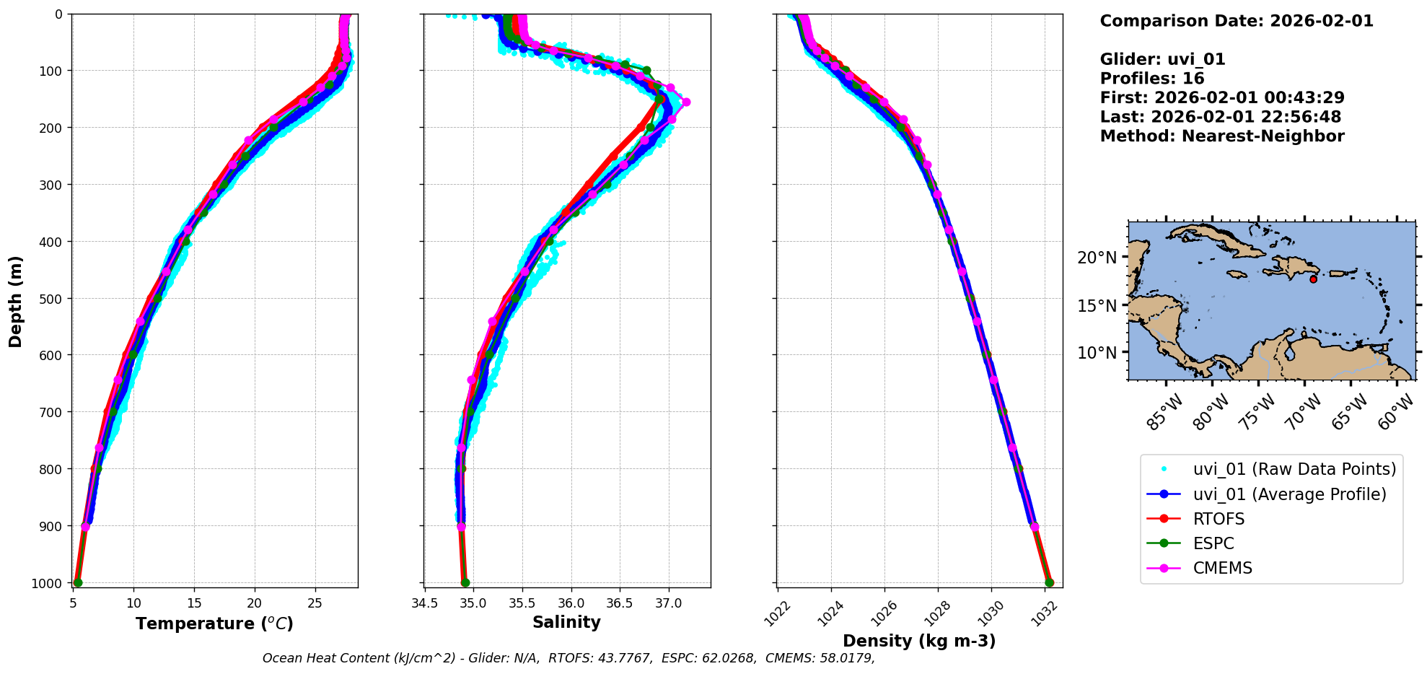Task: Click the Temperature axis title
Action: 214,623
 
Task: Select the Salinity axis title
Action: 566,622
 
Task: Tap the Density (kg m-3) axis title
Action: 919,641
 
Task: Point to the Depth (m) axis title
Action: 16,301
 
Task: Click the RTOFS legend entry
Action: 1219,519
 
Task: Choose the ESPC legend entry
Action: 1213,543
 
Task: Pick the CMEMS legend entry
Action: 1222,568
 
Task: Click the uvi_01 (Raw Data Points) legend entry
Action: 1294,469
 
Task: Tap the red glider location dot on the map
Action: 1313,279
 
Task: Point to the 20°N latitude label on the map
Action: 1097,258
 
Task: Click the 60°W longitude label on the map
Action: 1396,412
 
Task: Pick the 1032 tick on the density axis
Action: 1045,613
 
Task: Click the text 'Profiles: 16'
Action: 1151,79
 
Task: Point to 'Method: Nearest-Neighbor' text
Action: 1221,136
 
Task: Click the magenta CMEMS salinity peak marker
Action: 686,102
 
